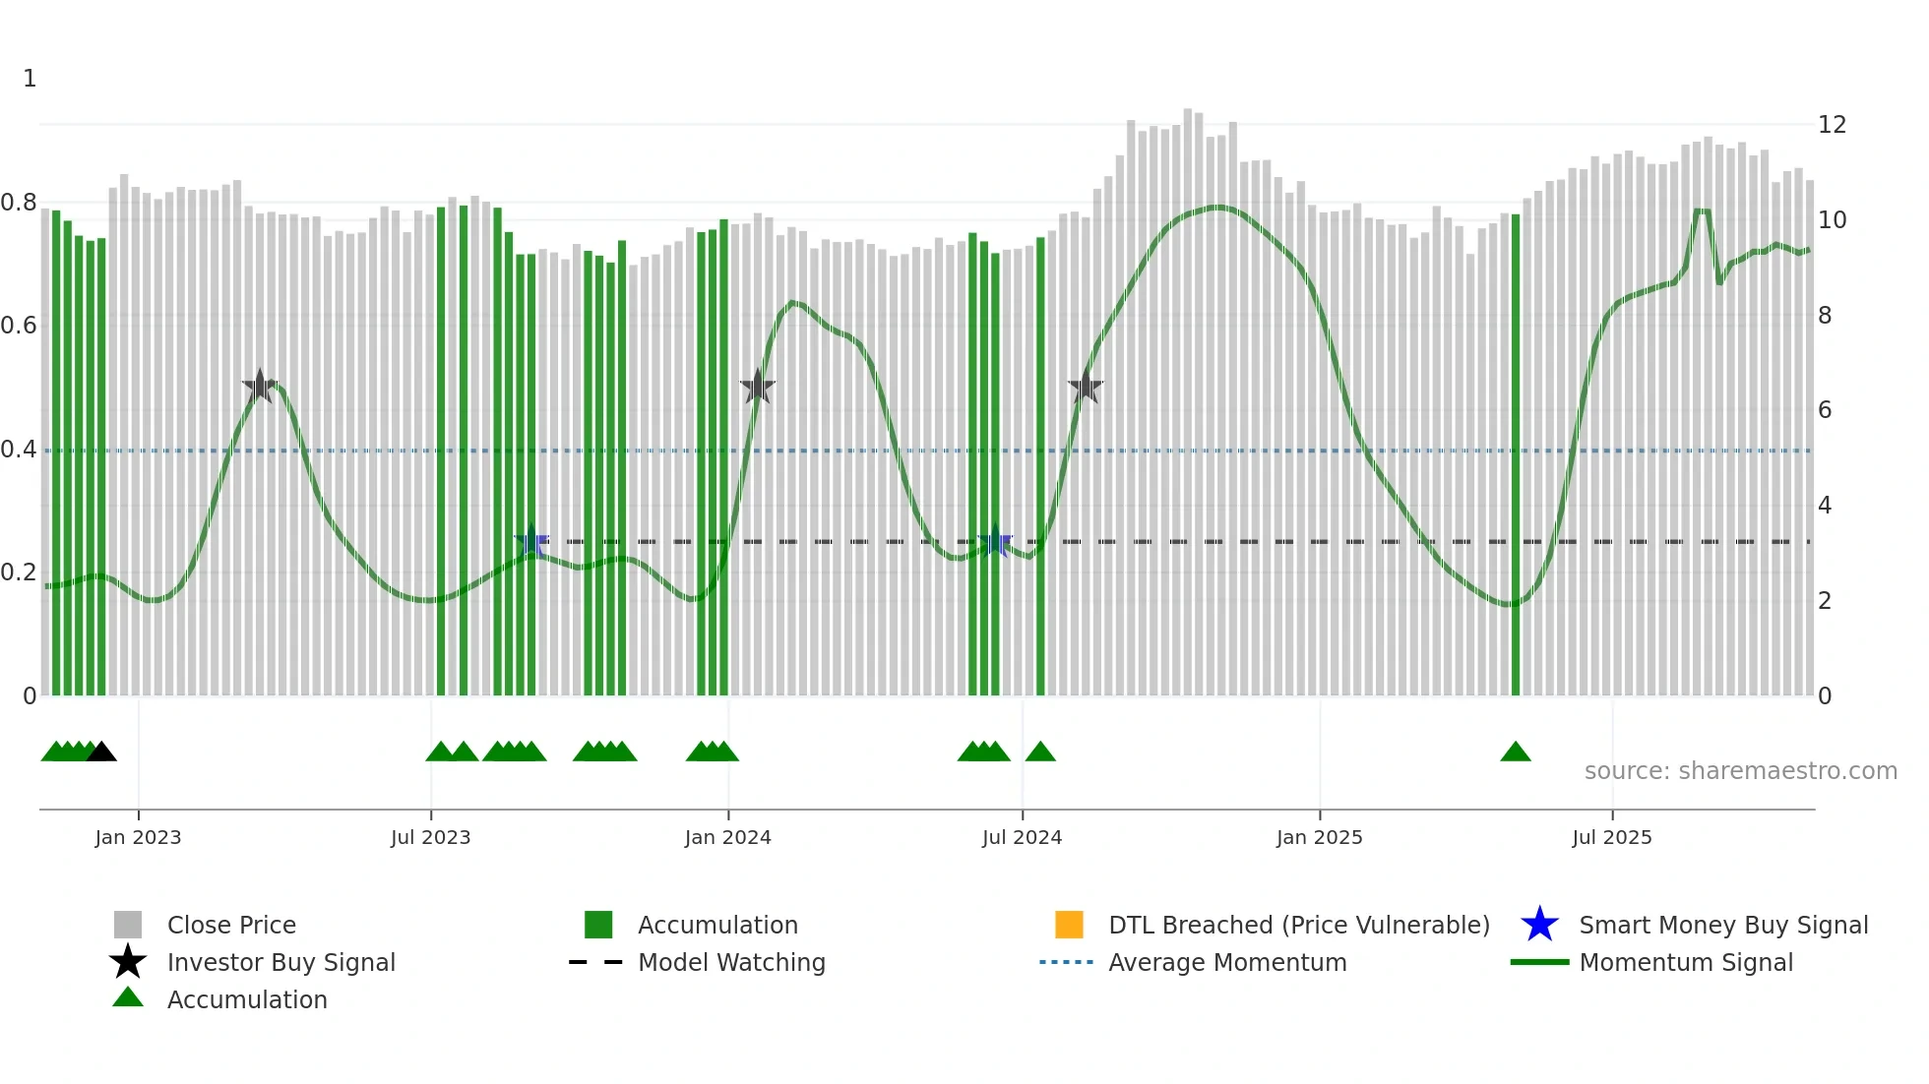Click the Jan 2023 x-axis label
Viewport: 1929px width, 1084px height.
pyautogui.click(x=138, y=837)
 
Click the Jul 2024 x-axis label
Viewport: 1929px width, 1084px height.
pyautogui.click(x=1022, y=837)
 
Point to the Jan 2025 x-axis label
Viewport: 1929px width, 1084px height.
pyautogui.click(x=1319, y=837)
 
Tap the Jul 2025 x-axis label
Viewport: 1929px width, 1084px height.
pyautogui.click(x=1611, y=837)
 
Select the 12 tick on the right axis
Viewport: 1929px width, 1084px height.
pyautogui.click(x=1832, y=125)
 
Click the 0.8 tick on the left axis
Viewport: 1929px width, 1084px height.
pyautogui.click(x=19, y=204)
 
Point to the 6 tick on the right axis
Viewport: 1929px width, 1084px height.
pyautogui.click(x=1825, y=410)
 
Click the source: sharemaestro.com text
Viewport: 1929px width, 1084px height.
pyautogui.click(x=1740, y=771)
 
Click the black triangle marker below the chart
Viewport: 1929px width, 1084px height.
pyautogui.click(x=101, y=753)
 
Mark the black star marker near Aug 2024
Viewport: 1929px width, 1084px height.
pyautogui.click(x=1085, y=387)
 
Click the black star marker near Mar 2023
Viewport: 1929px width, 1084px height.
pyautogui.click(x=260, y=387)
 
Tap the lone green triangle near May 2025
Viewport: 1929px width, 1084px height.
pyautogui.click(x=1515, y=753)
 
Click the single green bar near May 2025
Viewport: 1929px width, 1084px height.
pyautogui.click(x=1516, y=452)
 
